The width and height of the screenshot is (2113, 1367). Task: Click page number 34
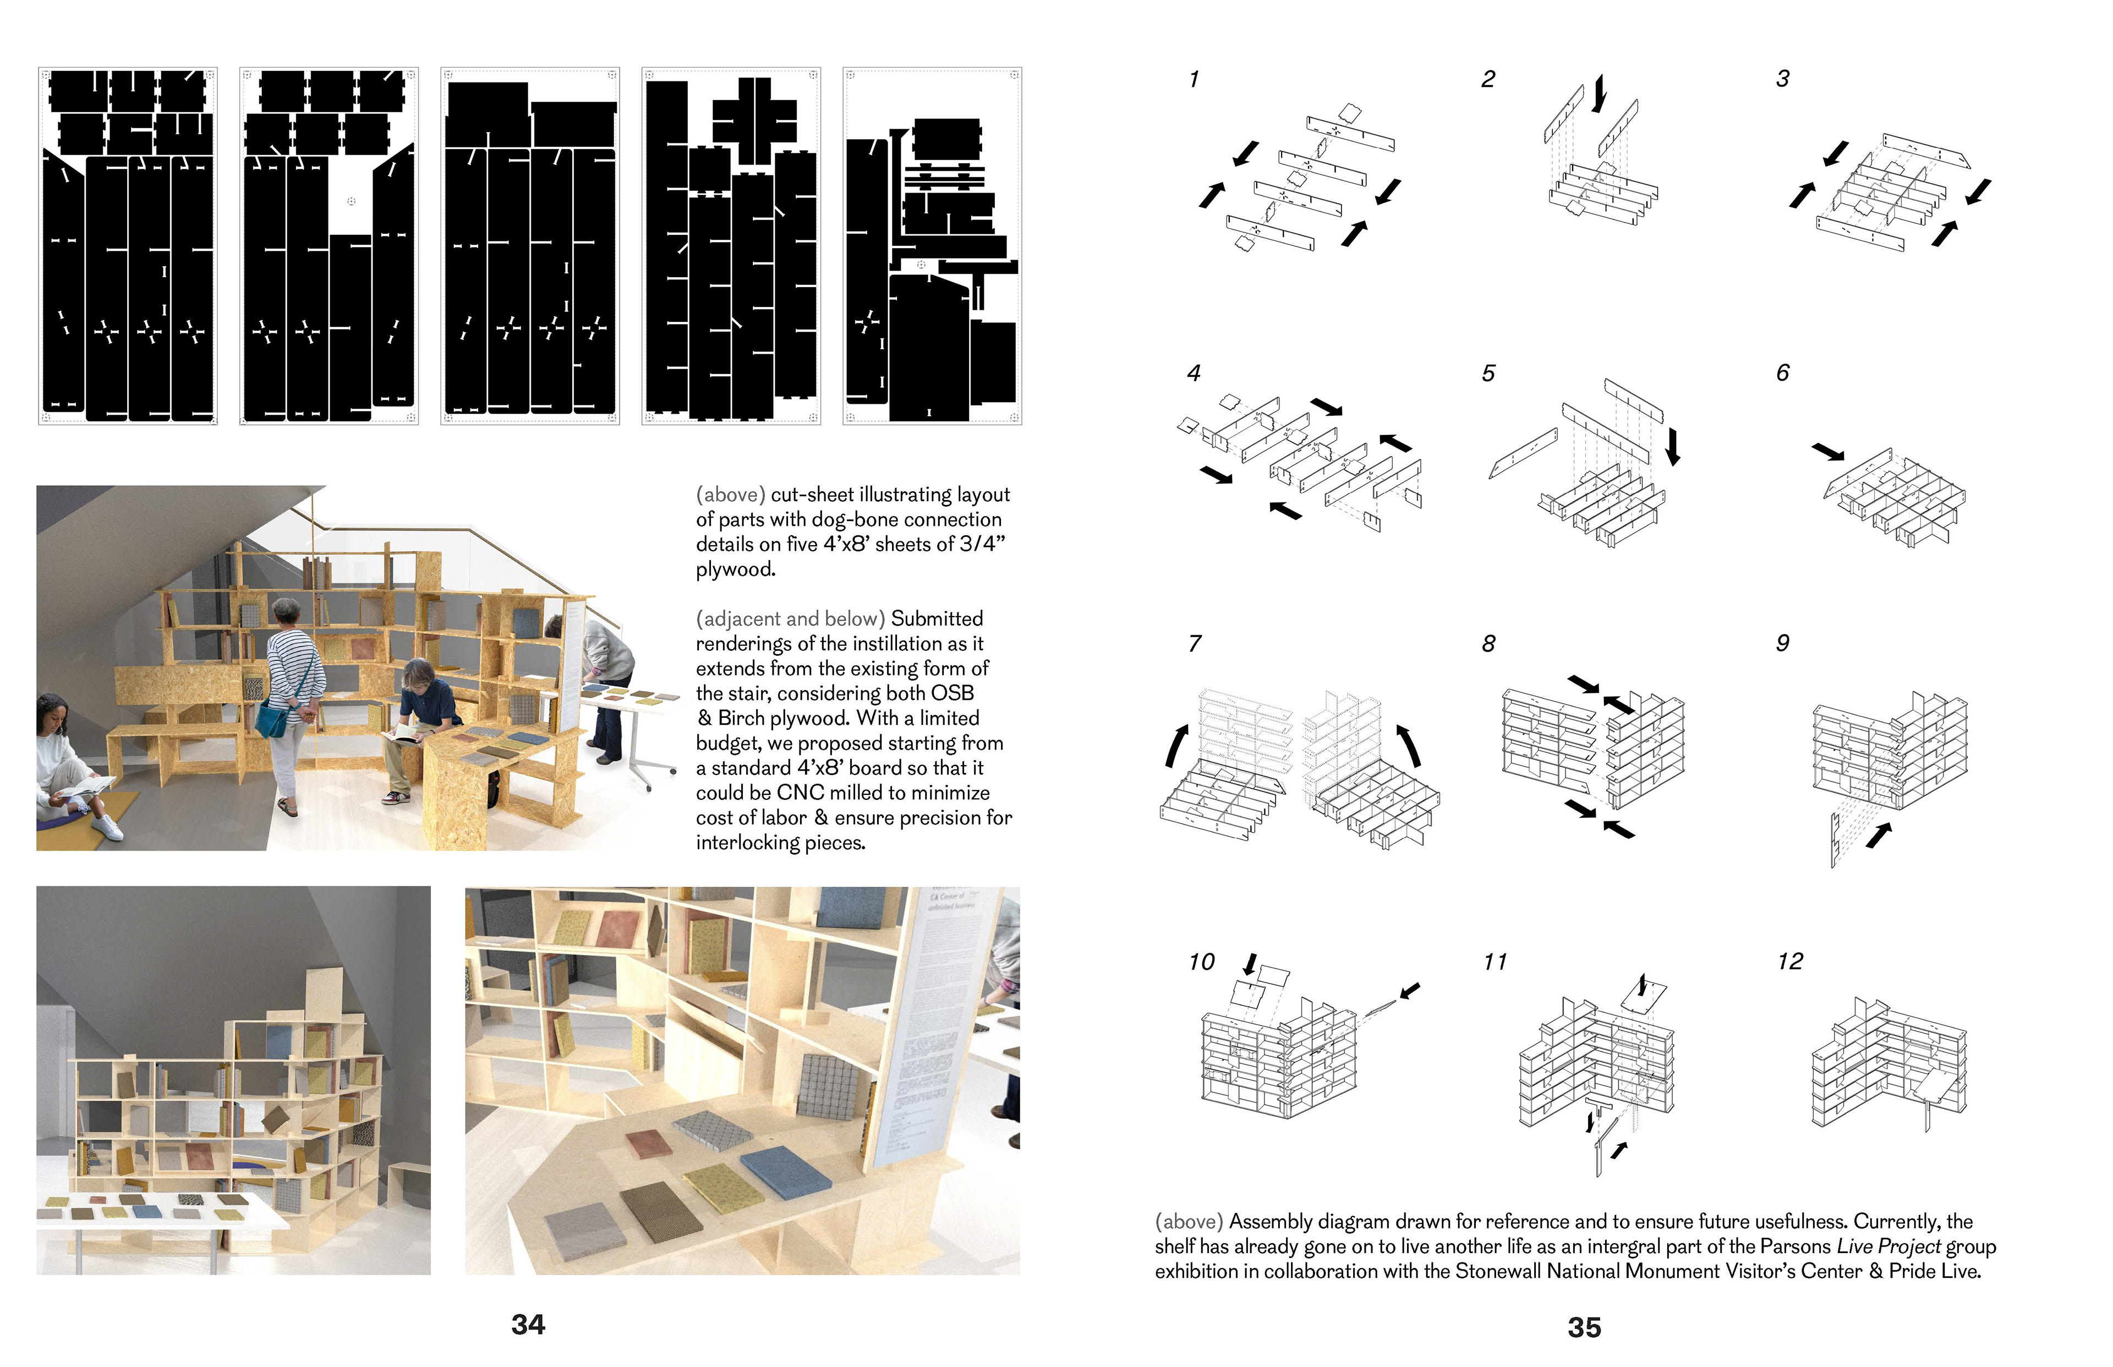(x=528, y=1325)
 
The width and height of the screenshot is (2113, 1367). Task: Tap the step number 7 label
(x=1195, y=644)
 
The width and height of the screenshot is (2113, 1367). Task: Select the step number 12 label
(x=1790, y=962)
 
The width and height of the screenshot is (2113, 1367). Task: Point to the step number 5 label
(x=1488, y=374)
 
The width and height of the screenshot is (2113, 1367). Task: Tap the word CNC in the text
(x=801, y=793)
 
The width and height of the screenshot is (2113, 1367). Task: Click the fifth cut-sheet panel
(x=932, y=246)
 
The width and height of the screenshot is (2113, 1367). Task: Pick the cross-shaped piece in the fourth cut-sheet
(x=754, y=120)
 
